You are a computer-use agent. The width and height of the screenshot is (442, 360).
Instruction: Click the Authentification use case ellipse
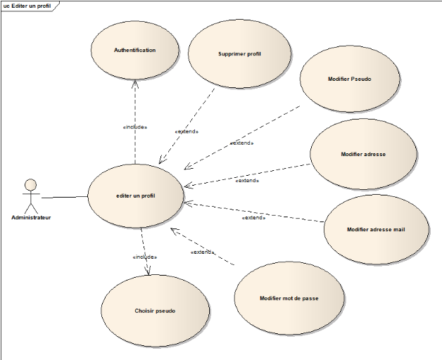[134, 50]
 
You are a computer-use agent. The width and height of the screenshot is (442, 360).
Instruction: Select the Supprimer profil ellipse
[239, 53]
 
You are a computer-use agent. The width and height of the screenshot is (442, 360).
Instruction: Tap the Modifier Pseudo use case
[349, 79]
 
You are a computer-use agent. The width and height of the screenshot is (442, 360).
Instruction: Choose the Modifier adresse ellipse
[363, 154]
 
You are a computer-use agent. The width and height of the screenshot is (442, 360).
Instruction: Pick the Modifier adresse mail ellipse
[376, 229]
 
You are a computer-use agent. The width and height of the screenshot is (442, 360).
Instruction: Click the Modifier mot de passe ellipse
[289, 298]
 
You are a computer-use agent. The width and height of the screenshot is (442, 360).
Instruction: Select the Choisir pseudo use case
[155, 311]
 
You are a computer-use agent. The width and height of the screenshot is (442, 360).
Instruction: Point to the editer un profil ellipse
[135, 195]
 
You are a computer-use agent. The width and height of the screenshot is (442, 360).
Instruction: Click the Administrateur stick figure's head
[30, 185]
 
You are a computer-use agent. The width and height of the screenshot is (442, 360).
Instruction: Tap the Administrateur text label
[31, 217]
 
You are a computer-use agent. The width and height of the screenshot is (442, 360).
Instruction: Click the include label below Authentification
[134, 127]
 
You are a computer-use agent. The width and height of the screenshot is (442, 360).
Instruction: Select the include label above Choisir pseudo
[144, 257]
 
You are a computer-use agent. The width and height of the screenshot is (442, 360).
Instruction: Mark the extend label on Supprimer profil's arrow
[186, 131]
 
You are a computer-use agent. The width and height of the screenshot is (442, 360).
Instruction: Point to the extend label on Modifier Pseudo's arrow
[241, 143]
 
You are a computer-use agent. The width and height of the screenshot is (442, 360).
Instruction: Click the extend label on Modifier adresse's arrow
[247, 180]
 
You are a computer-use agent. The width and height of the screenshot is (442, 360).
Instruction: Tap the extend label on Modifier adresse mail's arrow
[253, 217]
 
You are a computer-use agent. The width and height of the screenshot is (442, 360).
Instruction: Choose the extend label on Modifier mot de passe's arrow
[203, 252]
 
